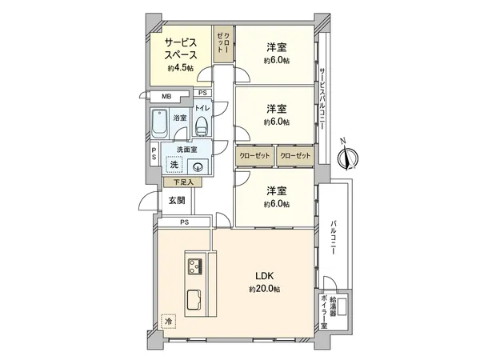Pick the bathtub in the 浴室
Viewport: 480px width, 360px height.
point(159,126)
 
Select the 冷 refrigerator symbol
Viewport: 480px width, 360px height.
point(169,322)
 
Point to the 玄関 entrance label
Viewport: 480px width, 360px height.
point(176,200)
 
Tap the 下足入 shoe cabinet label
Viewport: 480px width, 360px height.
point(183,182)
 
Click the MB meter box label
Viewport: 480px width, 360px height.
point(166,97)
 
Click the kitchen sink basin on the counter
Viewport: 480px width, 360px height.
point(194,301)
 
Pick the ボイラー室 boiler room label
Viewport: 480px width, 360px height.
point(324,314)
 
